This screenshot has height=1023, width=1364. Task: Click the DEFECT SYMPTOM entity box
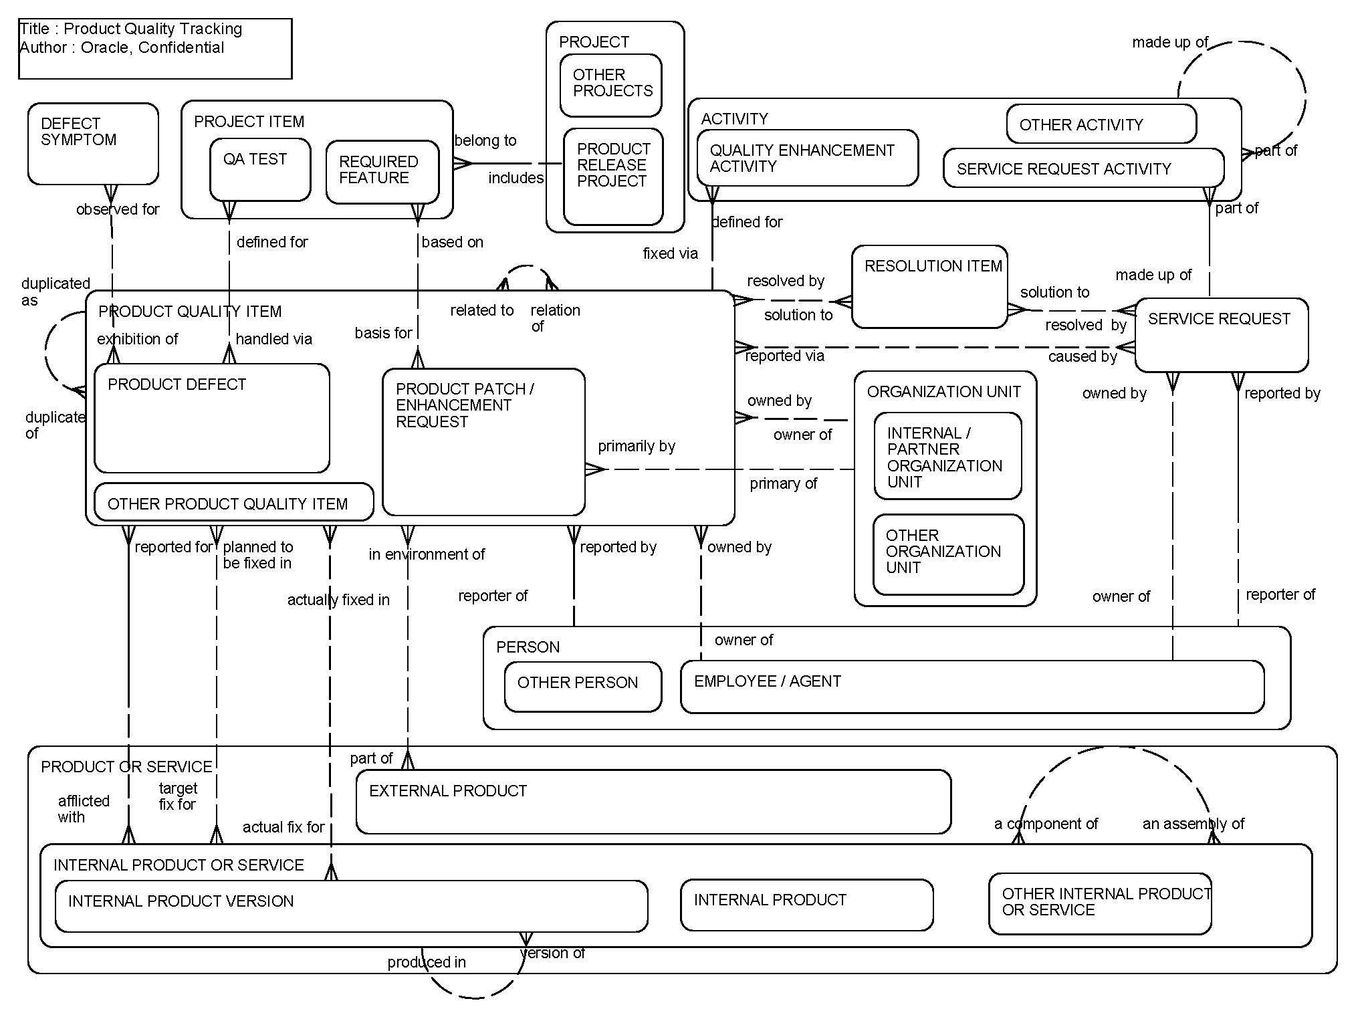coord(93,144)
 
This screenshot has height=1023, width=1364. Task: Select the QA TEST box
coord(260,169)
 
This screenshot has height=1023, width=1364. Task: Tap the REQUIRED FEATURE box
coord(382,171)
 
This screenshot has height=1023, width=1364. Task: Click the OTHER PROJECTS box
coord(611,85)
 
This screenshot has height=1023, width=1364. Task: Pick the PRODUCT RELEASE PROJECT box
coord(613,177)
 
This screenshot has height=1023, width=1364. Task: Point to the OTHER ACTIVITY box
coord(1101,124)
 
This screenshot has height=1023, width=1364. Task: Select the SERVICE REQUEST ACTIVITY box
coord(1083,168)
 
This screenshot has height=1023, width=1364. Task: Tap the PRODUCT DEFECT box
coord(212,418)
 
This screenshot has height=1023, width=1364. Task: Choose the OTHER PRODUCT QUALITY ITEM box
coord(233,502)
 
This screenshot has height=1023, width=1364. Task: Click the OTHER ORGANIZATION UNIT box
coord(948,554)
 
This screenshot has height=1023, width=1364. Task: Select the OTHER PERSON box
coord(582,686)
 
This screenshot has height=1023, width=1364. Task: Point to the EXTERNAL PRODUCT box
coord(653,802)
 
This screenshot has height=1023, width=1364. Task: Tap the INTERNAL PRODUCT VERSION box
coord(351,906)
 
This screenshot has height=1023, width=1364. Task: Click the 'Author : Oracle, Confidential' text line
coord(122,47)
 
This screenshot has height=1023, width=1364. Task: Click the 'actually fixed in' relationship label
coord(338,600)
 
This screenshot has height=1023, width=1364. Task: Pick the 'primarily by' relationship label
coord(636,446)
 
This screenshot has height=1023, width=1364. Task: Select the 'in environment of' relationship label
coord(427,554)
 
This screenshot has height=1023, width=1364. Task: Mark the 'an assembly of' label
coord(1193,824)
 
